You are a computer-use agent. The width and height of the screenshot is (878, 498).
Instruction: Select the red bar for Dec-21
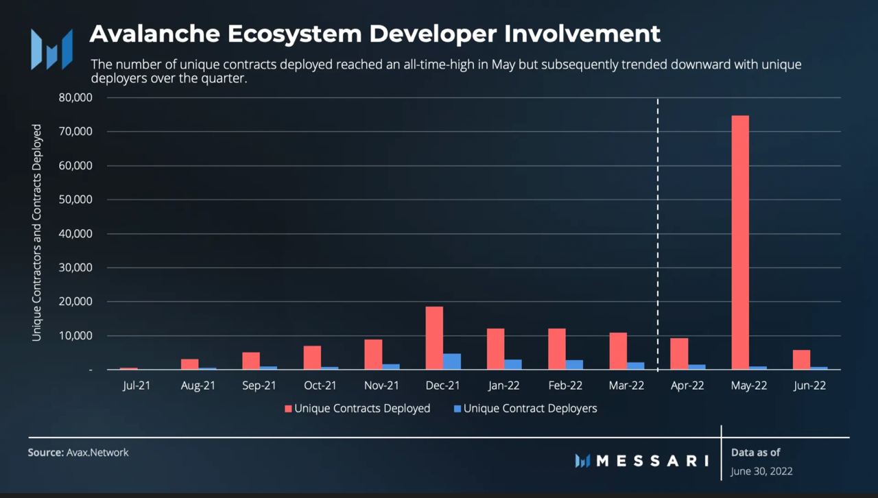pyautogui.click(x=434, y=338)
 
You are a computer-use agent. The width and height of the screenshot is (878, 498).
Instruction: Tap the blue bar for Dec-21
pyautogui.click(x=452, y=361)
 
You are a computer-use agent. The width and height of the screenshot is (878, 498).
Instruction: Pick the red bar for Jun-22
pyautogui.click(x=801, y=359)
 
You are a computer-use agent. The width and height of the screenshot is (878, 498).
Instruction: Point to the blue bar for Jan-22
pyautogui.click(x=513, y=364)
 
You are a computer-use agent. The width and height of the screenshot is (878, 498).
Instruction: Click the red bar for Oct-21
pyautogui.click(x=312, y=357)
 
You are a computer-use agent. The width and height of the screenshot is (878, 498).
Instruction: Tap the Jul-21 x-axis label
pyautogui.click(x=137, y=386)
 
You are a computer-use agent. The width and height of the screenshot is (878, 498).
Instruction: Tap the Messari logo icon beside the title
pyautogui.click(x=51, y=49)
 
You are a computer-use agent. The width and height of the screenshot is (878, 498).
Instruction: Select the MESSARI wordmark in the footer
pyautogui.click(x=652, y=460)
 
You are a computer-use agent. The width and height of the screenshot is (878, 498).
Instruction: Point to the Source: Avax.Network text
pyautogui.click(x=78, y=453)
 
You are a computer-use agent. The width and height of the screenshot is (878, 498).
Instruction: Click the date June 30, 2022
pyautogui.click(x=761, y=471)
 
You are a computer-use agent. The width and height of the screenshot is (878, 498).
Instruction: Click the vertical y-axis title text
pyautogui.click(x=37, y=233)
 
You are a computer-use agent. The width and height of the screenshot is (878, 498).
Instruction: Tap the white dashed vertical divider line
pyautogui.click(x=658, y=233)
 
